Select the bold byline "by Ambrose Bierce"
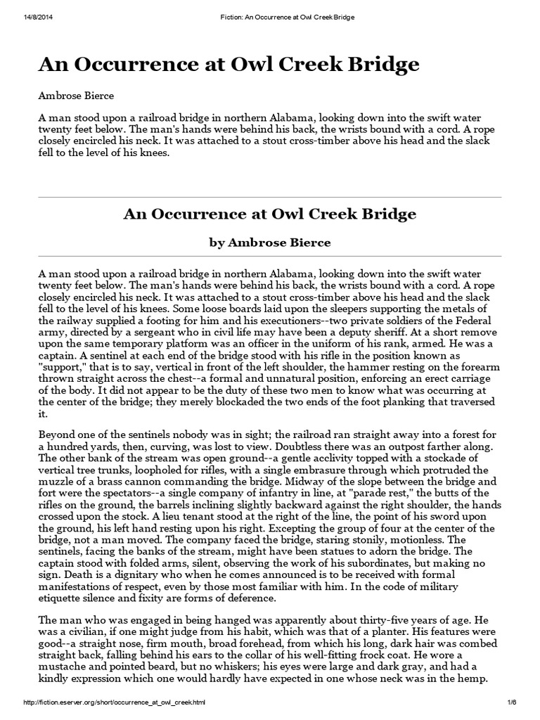click(x=270, y=243)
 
